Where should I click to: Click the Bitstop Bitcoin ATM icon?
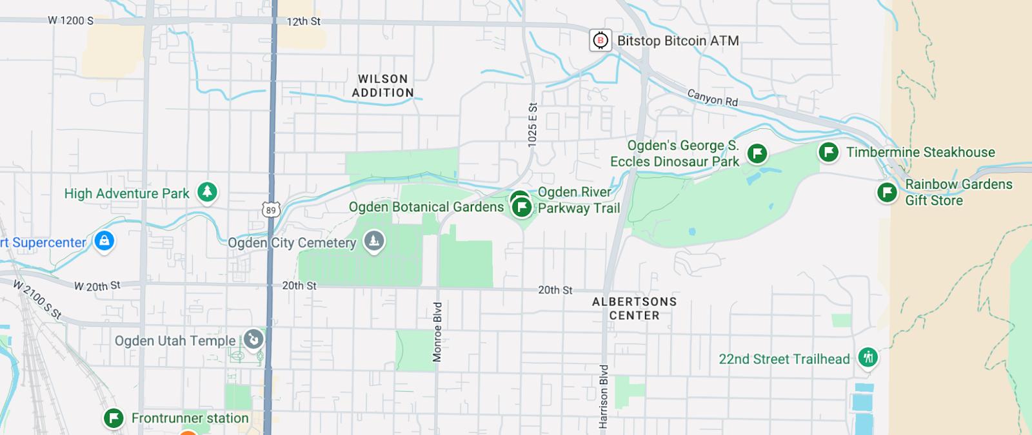coord(600,41)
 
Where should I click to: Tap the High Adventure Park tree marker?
coord(207,192)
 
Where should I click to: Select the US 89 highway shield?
coord(271,210)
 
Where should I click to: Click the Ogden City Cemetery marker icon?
coord(373,242)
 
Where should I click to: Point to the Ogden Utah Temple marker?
coord(253,339)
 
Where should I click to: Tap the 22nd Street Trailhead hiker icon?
coord(868,357)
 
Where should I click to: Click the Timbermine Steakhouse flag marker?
coord(828,152)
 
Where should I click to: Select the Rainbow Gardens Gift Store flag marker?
coord(887,192)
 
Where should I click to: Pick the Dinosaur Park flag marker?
coord(757,153)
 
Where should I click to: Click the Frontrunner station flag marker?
coord(114,418)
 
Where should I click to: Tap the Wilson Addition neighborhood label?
coord(382,86)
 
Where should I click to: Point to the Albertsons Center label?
coord(635,309)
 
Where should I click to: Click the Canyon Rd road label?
coord(713,98)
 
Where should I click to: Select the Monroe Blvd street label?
coord(437,332)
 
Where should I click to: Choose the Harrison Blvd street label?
coord(604,396)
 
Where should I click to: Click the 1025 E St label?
coord(532,125)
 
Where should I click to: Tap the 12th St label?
coord(303,21)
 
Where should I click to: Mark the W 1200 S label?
coord(70,21)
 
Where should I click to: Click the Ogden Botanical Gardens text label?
coord(426,207)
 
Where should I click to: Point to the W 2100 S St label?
coord(37,300)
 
